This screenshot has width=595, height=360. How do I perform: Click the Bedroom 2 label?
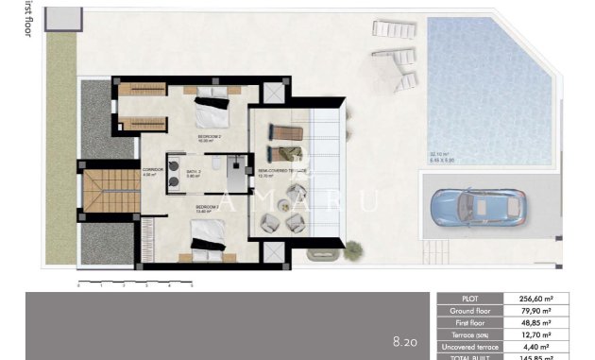coord(209,137)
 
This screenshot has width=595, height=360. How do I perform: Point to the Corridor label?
coord(152,172)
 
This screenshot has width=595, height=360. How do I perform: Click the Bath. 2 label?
coord(194,172)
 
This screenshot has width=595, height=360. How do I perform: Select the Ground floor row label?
coord(476,310)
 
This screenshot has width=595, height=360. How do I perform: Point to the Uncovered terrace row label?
coord(476,347)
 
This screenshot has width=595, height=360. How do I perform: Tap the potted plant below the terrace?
coord(353,250)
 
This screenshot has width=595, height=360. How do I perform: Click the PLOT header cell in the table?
coord(476,298)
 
